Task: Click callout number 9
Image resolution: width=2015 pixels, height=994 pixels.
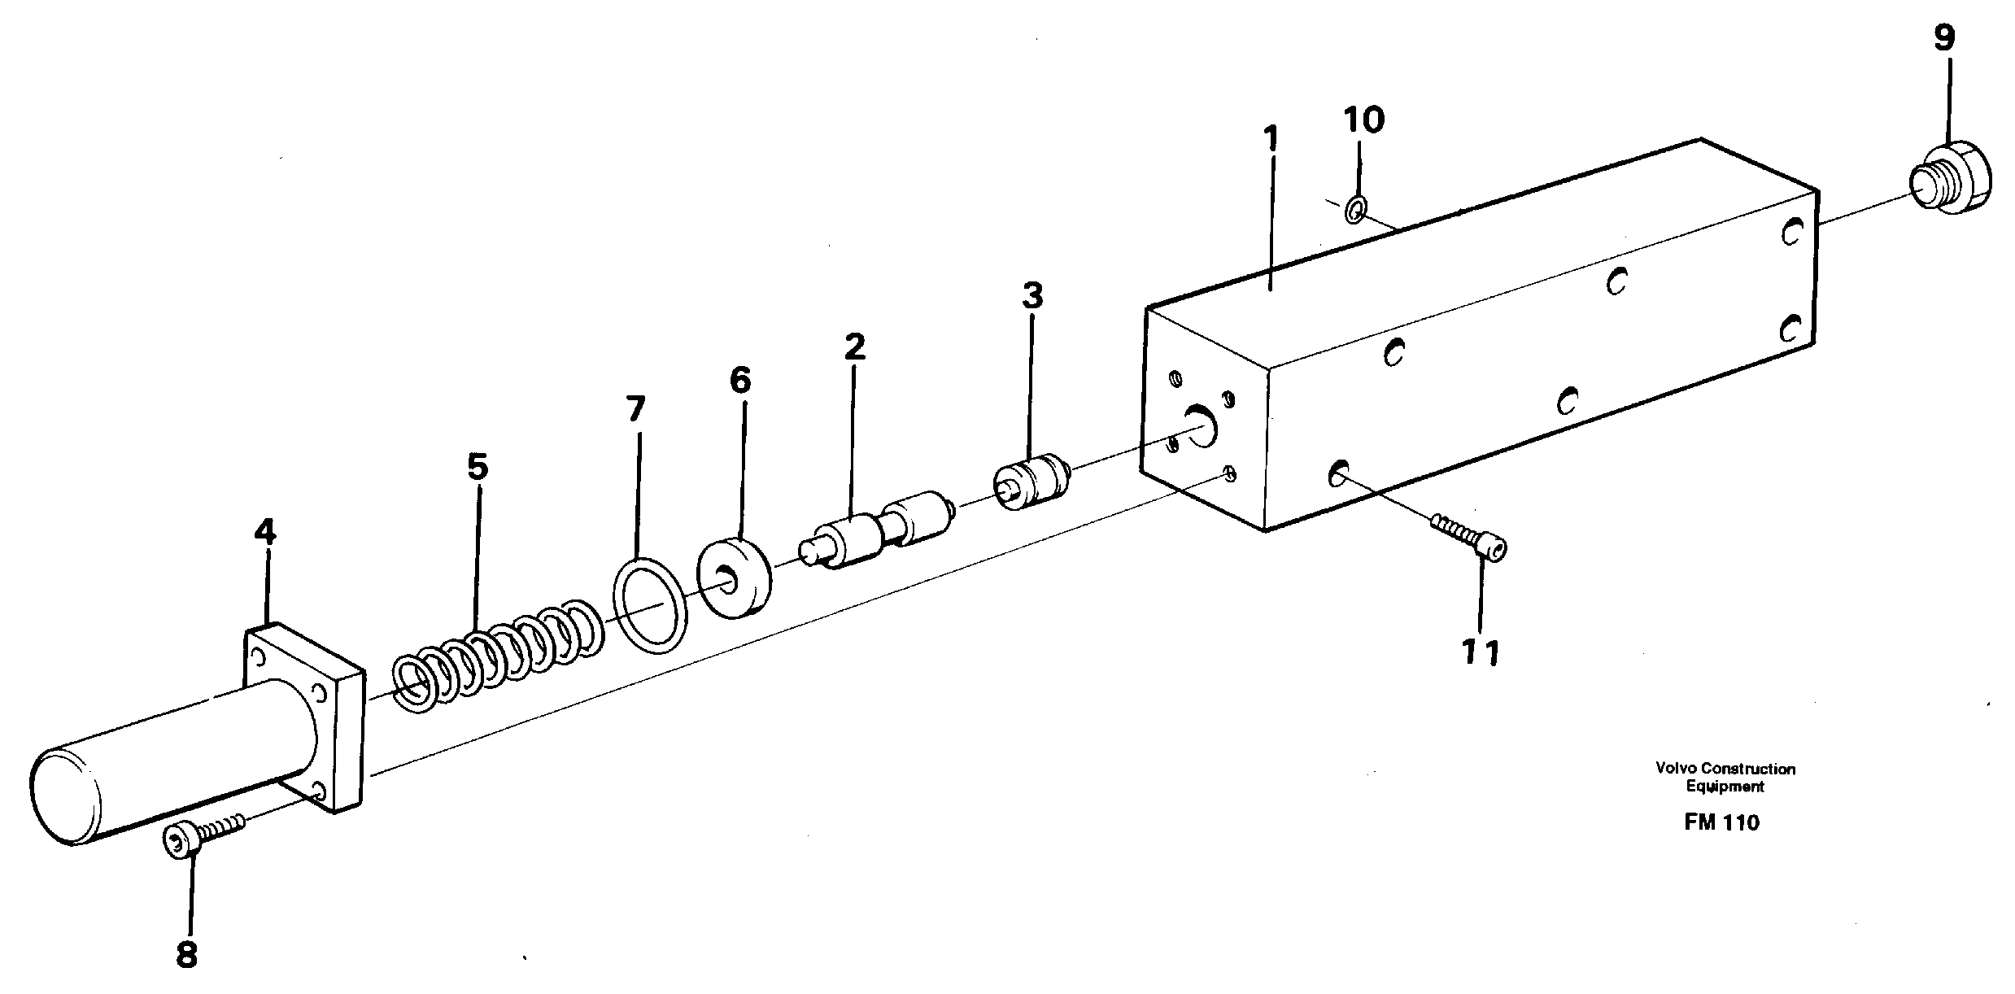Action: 1943,38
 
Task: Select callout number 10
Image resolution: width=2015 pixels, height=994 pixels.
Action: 1363,120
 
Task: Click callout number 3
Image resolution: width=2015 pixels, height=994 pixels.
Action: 1031,296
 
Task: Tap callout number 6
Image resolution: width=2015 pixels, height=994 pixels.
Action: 739,380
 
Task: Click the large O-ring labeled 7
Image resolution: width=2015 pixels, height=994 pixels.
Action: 649,604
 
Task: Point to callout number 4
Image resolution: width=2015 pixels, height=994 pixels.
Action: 264,533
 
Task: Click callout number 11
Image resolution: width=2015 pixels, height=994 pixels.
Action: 1481,652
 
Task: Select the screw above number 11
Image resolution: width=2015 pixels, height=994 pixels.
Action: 1468,538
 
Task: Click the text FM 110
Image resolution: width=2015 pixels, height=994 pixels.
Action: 1721,822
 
